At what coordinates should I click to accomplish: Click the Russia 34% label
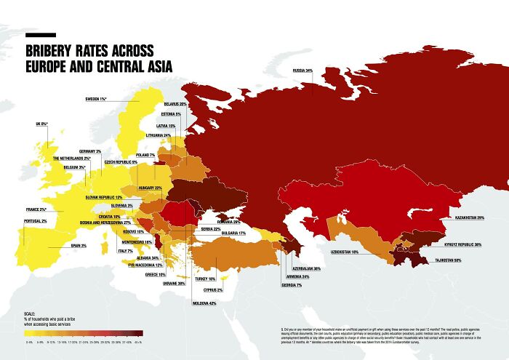pyautogui.click(x=302, y=71)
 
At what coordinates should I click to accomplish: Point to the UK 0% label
pyautogui.click(x=38, y=124)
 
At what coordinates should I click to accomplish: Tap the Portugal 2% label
pyautogui.click(x=35, y=220)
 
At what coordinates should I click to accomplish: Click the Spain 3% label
pyautogui.click(x=79, y=246)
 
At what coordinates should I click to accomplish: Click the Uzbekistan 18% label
pyautogui.click(x=345, y=252)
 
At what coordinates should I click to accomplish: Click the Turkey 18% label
pyautogui.click(x=206, y=279)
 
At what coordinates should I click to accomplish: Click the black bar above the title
pyautogui.click(x=41, y=34)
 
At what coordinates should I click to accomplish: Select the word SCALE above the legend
pyautogui.click(x=30, y=311)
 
